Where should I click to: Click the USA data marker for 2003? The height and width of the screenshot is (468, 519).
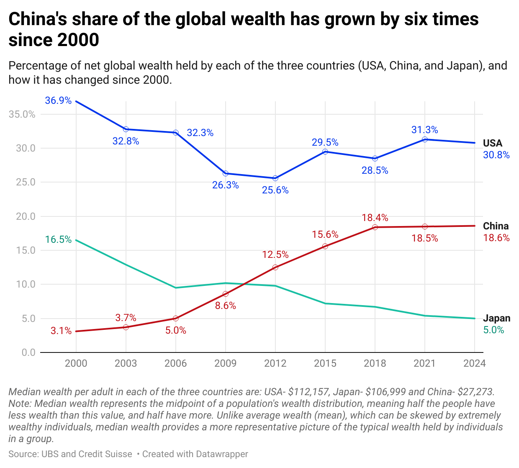pyautogui.click(x=126, y=129)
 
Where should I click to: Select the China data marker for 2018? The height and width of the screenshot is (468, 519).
pyautogui.click(x=375, y=227)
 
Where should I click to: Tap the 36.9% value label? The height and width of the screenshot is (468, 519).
pyautogui.click(x=58, y=101)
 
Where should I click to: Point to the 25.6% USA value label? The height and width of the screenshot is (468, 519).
pyautogui.click(x=275, y=190)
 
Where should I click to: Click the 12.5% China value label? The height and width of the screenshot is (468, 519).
pyautogui.click(x=275, y=255)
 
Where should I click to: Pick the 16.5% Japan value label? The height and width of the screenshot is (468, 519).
pyautogui.click(x=58, y=240)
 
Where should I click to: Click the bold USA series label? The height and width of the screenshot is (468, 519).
pyautogui.click(x=493, y=143)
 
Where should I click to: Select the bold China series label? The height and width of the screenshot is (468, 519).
pyautogui.click(x=496, y=226)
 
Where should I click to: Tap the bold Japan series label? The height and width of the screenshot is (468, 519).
pyautogui.click(x=496, y=318)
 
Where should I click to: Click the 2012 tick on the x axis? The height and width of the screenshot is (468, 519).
pyautogui.click(x=275, y=363)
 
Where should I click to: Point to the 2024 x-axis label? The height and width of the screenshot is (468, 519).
pyautogui.click(x=475, y=363)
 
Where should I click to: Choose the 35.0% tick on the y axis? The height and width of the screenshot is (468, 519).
pyautogui.click(x=22, y=114)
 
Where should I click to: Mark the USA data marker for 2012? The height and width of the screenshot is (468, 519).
pyautogui.click(x=275, y=178)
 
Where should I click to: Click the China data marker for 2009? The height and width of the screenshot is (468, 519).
pyautogui.click(x=226, y=294)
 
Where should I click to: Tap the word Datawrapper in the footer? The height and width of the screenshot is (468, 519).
pyautogui.click(x=222, y=454)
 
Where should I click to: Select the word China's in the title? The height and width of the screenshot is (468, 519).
pyautogui.click(x=38, y=20)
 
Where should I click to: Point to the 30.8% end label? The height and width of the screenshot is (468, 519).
pyautogui.click(x=496, y=155)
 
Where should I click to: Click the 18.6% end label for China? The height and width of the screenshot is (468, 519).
pyautogui.click(x=496, y=238)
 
